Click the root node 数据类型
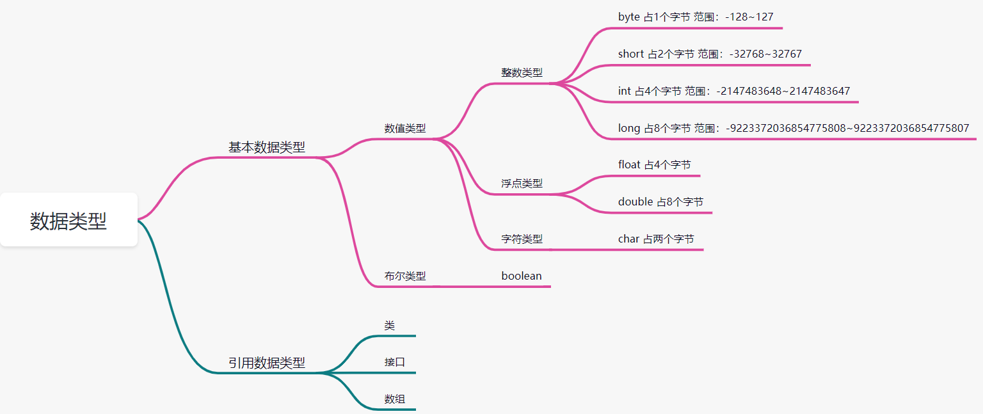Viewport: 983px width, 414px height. tap(68, 221)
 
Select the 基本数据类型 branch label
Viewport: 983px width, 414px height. tap(267, 147)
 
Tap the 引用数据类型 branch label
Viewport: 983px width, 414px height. tap(267, 363)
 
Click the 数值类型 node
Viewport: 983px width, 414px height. tap(405, 128)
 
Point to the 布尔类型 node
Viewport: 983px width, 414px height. tap(405, 276)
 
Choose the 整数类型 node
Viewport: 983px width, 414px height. tap(522, 72)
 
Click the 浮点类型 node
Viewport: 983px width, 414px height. tap(522, 184)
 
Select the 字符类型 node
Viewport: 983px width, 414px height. tap(522, 239)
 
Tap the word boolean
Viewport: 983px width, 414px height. tap(522, 276)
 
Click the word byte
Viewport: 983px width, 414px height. tap(628, 17)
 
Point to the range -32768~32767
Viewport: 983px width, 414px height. tap(765, 54)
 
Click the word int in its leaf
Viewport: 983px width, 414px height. tap(625, 91)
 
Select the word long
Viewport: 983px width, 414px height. tap(629, 129)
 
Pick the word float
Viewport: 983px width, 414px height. tap(629, 165)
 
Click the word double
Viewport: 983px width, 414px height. tap(635, 202)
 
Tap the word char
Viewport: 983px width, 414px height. tap(628, 239)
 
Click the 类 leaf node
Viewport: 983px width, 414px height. tap(390, 326)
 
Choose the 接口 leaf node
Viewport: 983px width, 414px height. tap(395, 362)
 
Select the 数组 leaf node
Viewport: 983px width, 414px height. tap(395, 399)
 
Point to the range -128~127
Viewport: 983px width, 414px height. tap(749, 17)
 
